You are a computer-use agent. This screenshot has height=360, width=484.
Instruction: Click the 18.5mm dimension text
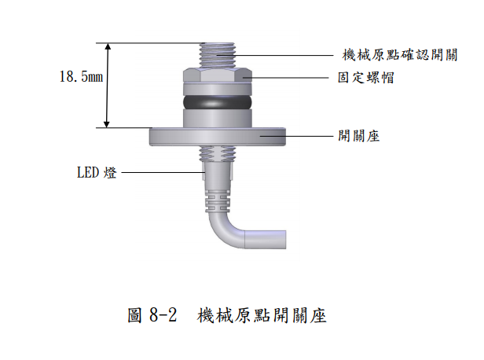tap(81, 76)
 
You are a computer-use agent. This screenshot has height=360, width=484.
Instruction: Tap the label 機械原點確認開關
tap(400, 55)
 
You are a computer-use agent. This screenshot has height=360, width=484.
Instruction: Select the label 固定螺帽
tap(366, 78)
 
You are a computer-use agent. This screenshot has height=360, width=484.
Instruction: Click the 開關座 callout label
tap(358, 136)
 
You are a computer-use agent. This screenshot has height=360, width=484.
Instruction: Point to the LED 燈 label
tap(97, 172)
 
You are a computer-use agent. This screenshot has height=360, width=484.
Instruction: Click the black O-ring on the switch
tap(218, 102)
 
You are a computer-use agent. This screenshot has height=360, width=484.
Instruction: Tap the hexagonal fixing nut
tap(218, 76)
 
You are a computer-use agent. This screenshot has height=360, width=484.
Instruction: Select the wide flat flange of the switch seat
tap(218, 137)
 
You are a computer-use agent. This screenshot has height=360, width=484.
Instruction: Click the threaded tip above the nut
tap(218, 56)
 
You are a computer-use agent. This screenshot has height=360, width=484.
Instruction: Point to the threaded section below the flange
tap(218, 154)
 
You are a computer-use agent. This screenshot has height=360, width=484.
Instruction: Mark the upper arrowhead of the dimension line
tap(108, 46)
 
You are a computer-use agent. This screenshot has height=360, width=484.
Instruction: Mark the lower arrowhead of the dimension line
tap(107, 124)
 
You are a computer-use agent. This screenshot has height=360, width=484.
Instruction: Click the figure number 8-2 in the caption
tap(163, 315)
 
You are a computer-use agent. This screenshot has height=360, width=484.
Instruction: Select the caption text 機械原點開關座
tap(262, 315)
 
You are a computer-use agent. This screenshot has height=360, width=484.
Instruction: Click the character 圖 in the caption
tap(135, 315)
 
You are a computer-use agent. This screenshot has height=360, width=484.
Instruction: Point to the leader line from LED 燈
tap(163, 172)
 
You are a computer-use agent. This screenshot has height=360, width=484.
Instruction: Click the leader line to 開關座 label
tap(297, 136)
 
